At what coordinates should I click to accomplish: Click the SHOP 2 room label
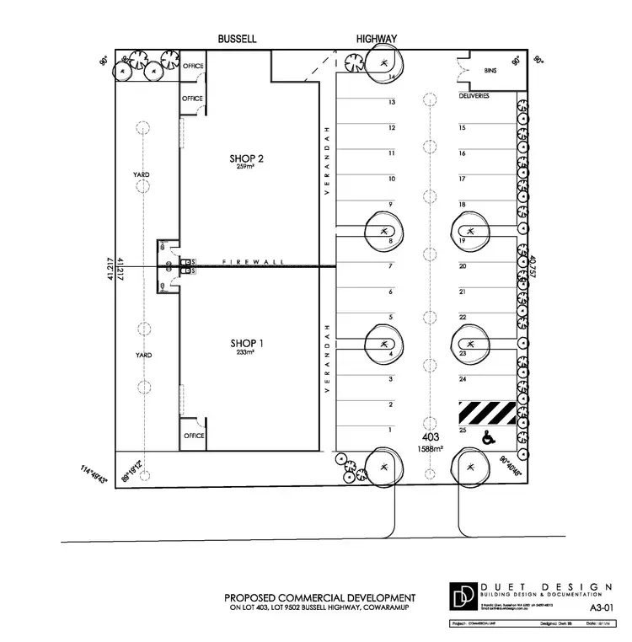[248, 158]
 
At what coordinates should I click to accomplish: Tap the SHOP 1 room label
[248, 343]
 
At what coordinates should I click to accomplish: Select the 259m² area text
[248, 167]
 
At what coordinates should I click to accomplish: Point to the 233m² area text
[248, 352]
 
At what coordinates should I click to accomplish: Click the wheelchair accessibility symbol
[487, 437]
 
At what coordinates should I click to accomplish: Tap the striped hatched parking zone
[487, 414]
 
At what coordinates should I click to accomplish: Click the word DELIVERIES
[474, 96]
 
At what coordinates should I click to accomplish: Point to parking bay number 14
[392, 77]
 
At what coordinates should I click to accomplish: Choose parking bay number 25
[463, 431]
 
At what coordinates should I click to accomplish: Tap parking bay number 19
[463, 241]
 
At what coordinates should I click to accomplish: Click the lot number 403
[430, 438]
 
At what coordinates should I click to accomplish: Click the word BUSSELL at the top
[236, 39]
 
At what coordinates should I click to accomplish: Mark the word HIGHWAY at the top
[377, 39]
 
